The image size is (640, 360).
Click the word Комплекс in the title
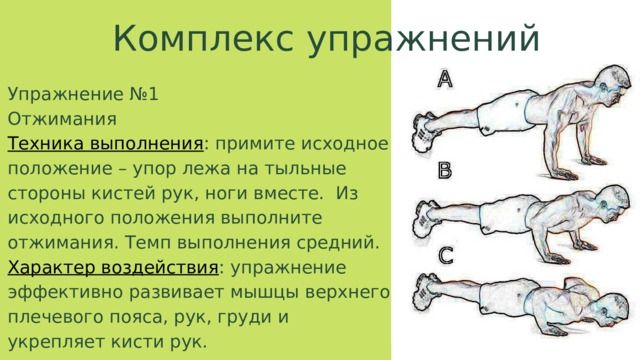click(203, 38)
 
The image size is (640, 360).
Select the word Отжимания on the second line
click(62, 119)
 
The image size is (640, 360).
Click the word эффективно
click(65, 293)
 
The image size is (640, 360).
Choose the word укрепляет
click(53, 342)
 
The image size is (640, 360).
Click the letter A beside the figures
click(444, 79)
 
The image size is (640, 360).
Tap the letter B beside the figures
click(444, 171)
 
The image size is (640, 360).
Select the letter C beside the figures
click(446, 256)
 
